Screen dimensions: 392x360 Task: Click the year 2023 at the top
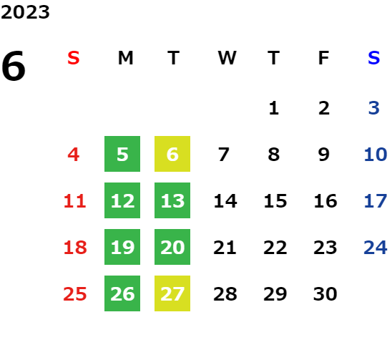25,12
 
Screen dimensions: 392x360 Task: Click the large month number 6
14,66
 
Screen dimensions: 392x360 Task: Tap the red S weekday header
74,58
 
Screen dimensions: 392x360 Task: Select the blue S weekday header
374,58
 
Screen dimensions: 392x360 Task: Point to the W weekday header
227,58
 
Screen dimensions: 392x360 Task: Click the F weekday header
324,58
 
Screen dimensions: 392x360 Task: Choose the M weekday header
125,58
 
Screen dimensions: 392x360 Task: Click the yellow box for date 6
172,154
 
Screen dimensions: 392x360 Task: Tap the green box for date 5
122,154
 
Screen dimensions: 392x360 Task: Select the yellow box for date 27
172,293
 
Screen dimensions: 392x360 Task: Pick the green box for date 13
172,200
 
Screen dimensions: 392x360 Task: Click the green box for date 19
122,247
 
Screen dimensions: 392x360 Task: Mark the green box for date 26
122,293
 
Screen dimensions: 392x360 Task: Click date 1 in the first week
274,108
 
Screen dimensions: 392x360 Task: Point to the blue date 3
374,108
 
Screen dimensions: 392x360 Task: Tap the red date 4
74,155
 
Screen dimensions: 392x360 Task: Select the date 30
325,293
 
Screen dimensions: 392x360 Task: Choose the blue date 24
376,248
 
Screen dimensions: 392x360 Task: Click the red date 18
75,248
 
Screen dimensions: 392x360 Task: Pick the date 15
275,201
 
